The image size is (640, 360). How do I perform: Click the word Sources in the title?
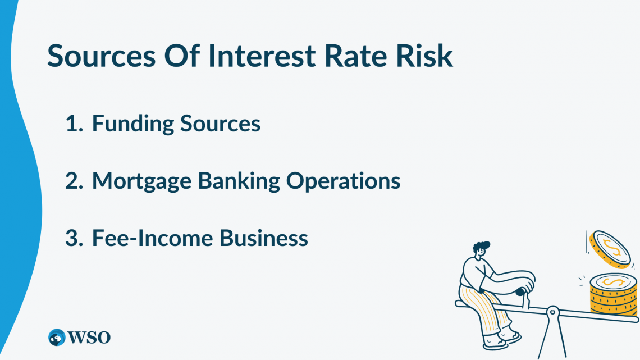[x=105, y=56]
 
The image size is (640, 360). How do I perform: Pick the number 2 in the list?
[x=74, y=181]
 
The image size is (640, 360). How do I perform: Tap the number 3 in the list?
[x=74, y=238]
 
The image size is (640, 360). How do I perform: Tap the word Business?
[x=264, y=238]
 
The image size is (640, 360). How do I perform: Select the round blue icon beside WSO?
[x=57, y=337]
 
